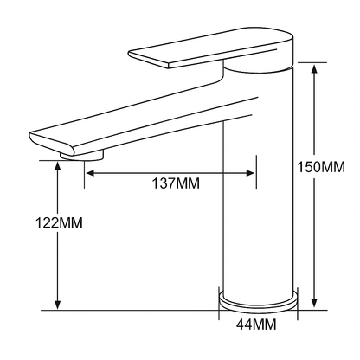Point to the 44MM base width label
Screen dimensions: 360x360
click(x=257, y=325)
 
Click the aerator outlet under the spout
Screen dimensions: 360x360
click(x=83, y=156)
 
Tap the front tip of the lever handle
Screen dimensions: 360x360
click(x=135, y=54)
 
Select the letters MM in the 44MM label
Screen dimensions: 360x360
click(x=267, y=325)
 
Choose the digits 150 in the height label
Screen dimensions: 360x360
click(x=307, y=166)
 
